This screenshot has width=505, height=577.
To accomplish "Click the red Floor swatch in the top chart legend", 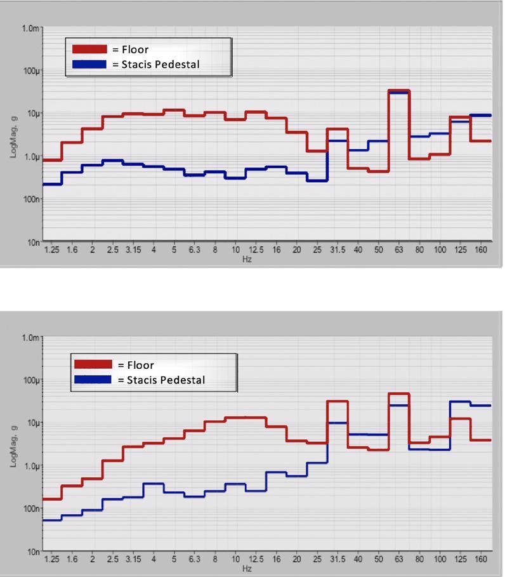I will pyautogui.click(x=89, y=50).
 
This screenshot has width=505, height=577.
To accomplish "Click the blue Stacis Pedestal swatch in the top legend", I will pyautogui.click(x=89, y=64).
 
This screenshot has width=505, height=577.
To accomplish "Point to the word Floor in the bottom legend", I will pyautogui.click(x=140, y=365).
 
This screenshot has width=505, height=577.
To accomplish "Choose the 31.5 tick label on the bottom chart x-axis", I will pyautogui.click(x=337, y=560).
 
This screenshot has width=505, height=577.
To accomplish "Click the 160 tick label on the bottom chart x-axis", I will pyautogui.click(x=481, y=560).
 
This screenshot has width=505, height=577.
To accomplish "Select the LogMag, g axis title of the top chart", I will pyautogui.click(x=13, y=135).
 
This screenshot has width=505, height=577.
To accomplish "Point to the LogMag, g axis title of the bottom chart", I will pyautogui.click(x=13, y=444).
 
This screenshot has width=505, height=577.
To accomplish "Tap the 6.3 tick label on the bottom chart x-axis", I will pyautogui.click(x=195, y=560).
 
